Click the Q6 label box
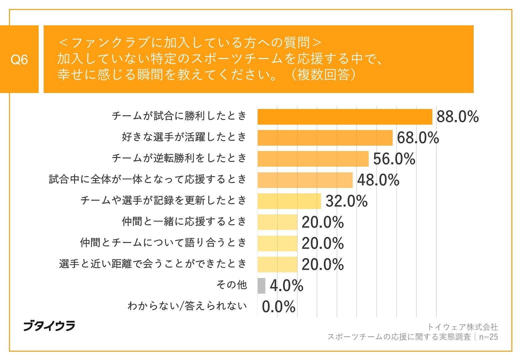click(19, 59)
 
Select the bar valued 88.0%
click(345, 117)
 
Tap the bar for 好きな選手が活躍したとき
click(325, 138)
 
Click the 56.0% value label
click(394, 159)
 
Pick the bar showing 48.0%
click(305, 180)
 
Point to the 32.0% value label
click(346, 201)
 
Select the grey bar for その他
click(261, 286)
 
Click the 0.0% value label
click(279, 307)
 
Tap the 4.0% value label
click(286, 286)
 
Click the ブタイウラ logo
click(49, 326)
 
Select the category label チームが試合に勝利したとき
click(179, 116)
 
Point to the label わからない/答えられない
click(187, 306)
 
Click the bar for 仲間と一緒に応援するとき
click(277, 222)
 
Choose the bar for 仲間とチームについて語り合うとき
click(277, 243)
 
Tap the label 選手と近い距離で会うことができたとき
click(153, 264)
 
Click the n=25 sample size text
click(488, 337)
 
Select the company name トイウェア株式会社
click(462, 327)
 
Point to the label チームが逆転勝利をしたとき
click(179, 158)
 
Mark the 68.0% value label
click(418, 138)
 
